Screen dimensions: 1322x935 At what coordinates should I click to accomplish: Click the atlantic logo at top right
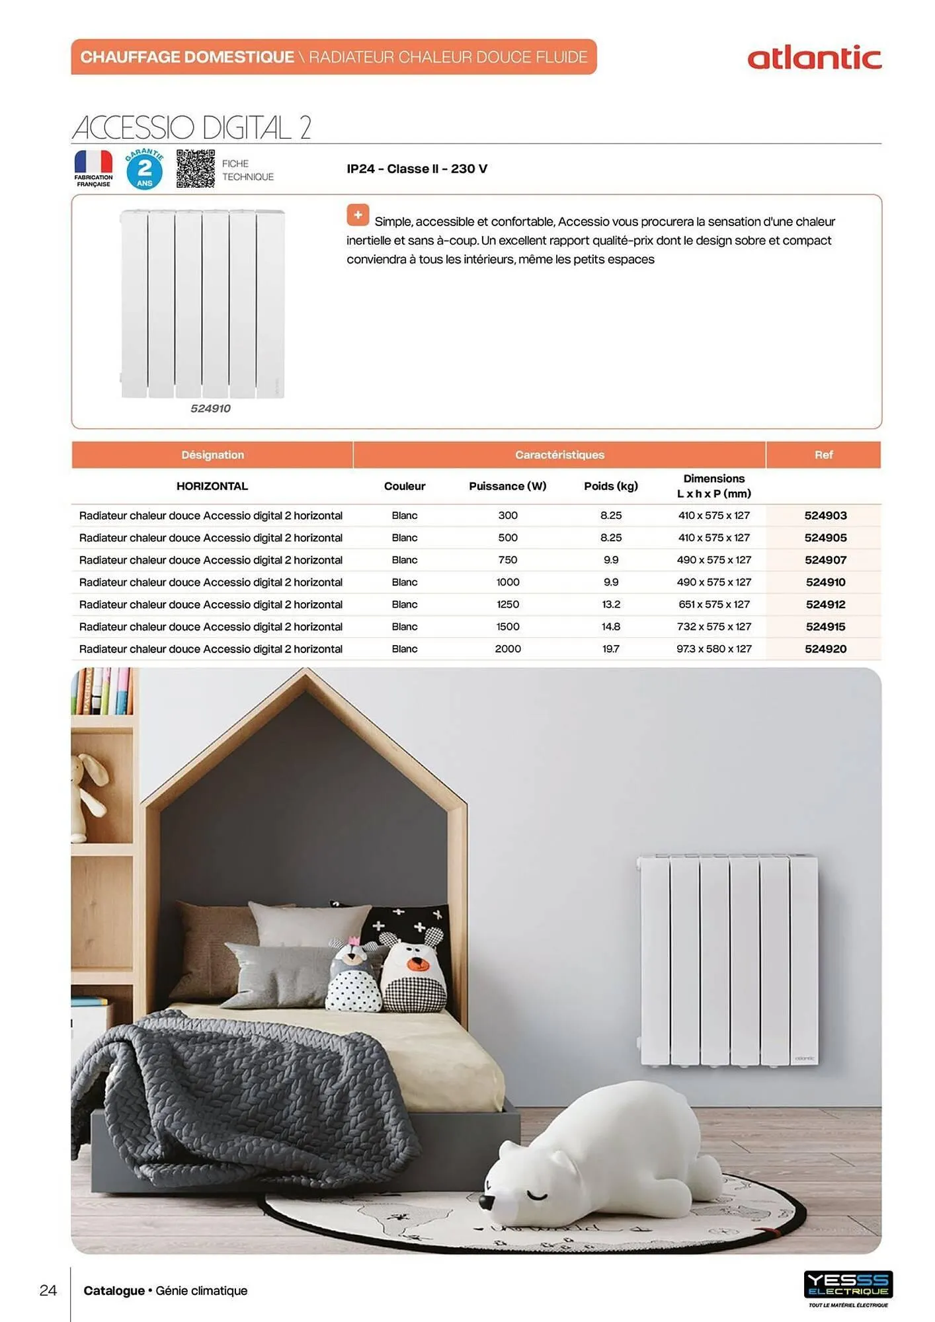point(814,58)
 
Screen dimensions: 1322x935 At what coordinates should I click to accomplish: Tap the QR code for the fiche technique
point(195,169)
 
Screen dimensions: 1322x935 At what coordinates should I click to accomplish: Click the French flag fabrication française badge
point(93,168)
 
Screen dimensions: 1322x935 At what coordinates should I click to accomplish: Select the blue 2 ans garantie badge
point(145,169)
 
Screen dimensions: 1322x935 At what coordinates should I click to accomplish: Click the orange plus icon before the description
point(358,215)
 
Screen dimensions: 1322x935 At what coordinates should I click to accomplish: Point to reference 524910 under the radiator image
point(210,408)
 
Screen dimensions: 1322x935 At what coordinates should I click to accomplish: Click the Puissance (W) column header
point(507,486)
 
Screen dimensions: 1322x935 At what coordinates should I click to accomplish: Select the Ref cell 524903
point(825,516)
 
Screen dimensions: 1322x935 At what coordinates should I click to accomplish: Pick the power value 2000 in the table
point(507,649)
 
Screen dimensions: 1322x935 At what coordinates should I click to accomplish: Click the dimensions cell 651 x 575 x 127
point(713,604)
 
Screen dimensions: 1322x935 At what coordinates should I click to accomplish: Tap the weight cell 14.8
point(610,627)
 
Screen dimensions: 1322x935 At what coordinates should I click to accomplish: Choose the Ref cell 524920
point(825,649)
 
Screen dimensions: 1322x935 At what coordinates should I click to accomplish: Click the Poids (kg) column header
point(610,486)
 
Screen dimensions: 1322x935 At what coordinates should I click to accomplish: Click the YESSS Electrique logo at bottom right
point(848,1284)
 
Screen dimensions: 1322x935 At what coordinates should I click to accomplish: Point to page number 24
point(48,1290)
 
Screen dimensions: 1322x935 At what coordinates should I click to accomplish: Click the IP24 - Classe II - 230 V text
point(417,169)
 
